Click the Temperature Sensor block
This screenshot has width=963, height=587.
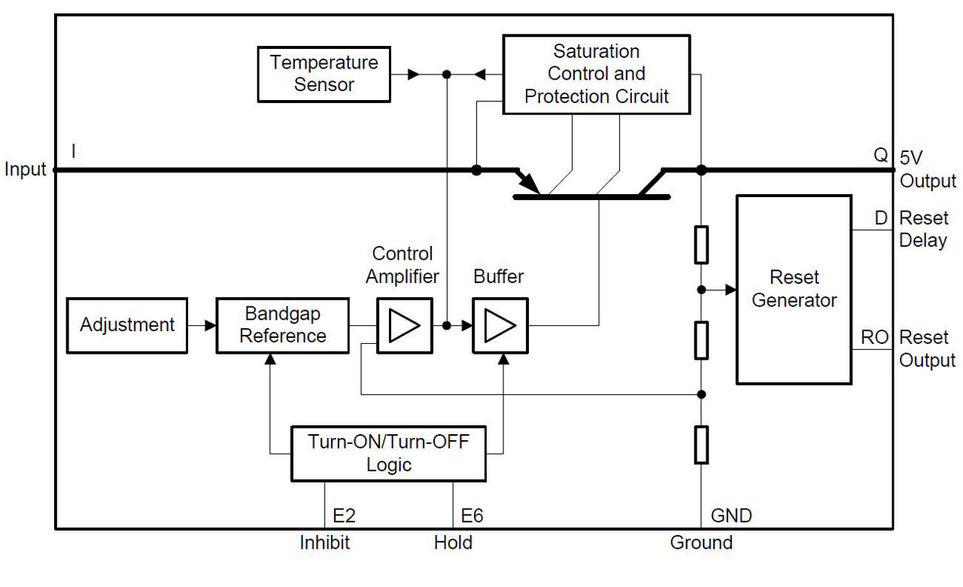324,74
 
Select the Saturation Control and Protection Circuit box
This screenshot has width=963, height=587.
596,74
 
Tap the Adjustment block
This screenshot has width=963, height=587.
127,325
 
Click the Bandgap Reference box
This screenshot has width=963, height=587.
283,325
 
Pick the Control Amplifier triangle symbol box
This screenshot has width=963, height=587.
406,325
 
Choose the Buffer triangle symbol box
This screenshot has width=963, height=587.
500,325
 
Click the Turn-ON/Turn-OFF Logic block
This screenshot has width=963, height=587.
389,453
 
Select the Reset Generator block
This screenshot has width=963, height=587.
794,289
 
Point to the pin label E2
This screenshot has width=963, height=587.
345,516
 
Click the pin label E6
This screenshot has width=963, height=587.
472,516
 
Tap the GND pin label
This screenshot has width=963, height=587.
731,516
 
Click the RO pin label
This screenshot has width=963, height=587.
875,337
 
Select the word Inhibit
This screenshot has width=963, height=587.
325,542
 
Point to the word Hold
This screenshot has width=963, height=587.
453,542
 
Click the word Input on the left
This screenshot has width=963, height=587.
25,169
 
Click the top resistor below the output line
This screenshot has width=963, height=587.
701,244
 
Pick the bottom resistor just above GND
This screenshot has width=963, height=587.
701,444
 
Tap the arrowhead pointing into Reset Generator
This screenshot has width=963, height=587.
729,289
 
